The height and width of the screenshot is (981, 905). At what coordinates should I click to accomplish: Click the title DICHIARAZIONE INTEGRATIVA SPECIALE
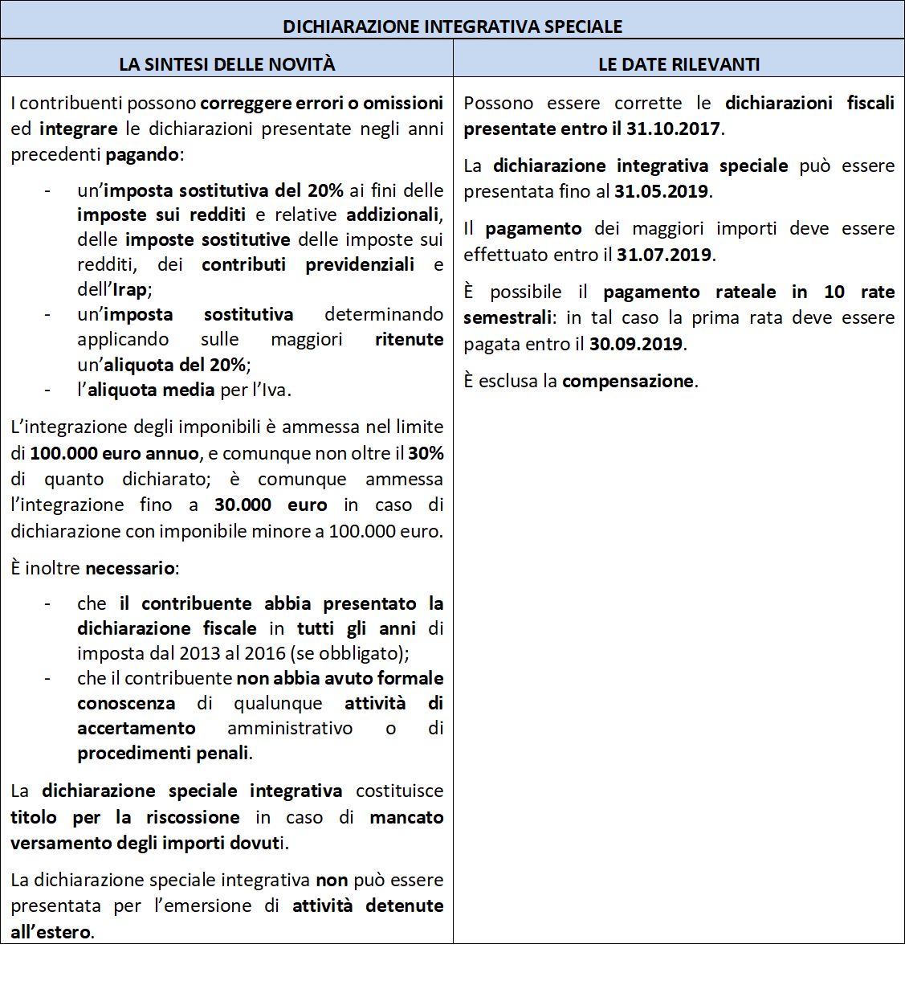452,27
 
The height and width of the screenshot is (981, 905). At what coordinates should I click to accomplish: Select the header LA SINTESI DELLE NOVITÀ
227,64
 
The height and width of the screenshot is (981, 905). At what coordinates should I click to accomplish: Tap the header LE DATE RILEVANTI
679,64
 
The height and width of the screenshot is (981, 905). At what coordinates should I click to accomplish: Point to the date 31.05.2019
661,192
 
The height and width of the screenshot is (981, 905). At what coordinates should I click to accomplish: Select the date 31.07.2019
664,255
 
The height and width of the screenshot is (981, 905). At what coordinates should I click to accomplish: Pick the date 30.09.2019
636,345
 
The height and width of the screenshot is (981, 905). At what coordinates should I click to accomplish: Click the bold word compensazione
628,382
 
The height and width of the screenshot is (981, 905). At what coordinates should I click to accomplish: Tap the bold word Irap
129,290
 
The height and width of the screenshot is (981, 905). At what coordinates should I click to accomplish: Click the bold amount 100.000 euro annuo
114,454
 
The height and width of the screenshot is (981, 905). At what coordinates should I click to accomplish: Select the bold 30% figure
426,454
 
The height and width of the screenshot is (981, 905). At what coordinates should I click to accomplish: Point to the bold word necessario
130,569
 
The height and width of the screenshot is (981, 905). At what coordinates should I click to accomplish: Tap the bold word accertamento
137,729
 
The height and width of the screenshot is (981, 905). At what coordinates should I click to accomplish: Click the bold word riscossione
193,818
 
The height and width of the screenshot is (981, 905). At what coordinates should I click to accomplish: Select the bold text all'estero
51,933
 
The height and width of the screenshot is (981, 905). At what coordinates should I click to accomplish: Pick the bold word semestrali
508,318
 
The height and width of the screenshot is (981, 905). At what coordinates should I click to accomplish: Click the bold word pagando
142,155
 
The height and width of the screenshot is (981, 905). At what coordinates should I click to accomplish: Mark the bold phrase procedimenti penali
163,754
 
